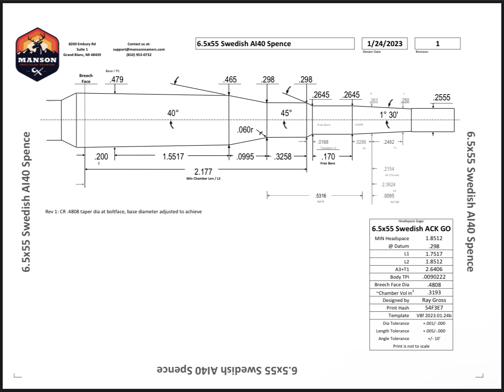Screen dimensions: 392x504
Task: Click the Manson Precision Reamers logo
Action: [37, 54]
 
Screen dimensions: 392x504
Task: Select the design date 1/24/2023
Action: [384, 43]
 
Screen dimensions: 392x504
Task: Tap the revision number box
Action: [437, 43]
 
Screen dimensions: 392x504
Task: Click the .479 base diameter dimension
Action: [116, 80]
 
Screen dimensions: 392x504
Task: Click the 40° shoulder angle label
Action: [173, 113]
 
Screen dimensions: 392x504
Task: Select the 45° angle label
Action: [286, 113]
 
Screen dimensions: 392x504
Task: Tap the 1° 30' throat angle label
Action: [388, 115]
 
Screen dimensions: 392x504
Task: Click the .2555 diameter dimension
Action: [442, 98]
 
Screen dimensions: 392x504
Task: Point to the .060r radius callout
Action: [245, 130]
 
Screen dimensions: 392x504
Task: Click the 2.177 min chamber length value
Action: [203, 172]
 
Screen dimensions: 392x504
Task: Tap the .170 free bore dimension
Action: [328, 157]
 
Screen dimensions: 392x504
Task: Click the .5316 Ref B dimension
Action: [321, 196]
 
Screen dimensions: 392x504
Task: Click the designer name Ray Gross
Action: [434, 300]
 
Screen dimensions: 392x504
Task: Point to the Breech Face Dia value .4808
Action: [434, 284]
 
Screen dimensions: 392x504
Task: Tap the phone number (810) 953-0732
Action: [139, 55]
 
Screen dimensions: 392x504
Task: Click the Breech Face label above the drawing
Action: [86, 78]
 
